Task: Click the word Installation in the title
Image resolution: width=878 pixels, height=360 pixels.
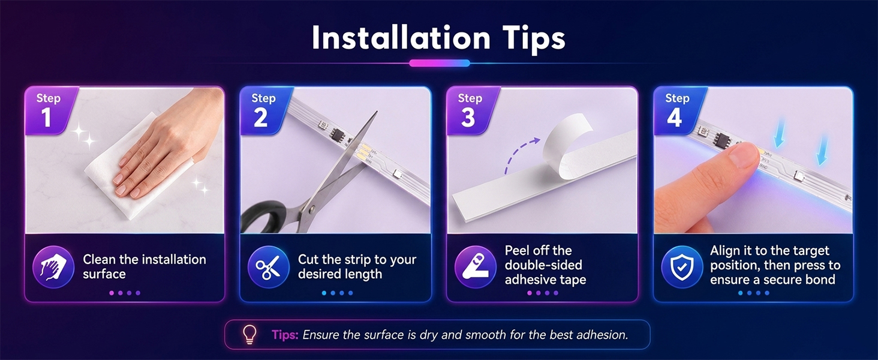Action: pos(401,38)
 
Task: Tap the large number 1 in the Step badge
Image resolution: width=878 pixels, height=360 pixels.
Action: pos(46,117)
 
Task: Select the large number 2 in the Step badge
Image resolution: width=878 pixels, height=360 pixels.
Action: pos(261,117)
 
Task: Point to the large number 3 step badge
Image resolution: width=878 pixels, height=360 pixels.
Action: pos(468,117)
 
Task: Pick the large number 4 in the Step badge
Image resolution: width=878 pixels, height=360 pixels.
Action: pos(674,117)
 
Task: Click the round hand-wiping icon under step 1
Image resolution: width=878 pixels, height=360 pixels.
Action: pos(53,267)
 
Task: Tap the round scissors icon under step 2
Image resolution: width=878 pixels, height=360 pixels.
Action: pos(269,267)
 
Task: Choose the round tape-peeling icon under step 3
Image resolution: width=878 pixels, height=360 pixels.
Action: pos(476,267)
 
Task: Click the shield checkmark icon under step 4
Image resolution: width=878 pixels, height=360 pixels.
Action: pos(682,267)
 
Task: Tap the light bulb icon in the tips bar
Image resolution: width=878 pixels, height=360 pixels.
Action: pos(249,335)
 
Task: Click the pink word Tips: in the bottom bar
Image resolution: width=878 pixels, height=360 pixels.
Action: pos(285,335)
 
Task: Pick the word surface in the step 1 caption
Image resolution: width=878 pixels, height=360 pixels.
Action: pos(104,274)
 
